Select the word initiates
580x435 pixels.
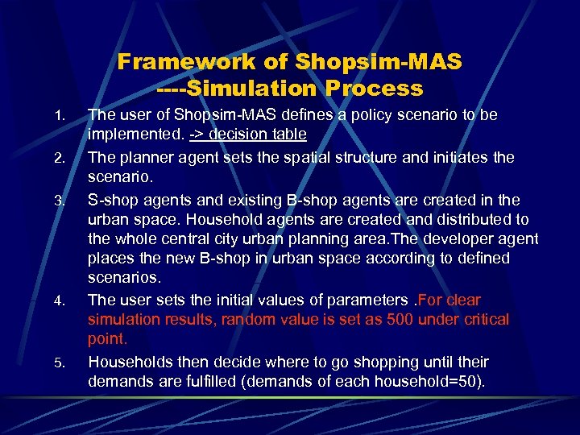(458, 157)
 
